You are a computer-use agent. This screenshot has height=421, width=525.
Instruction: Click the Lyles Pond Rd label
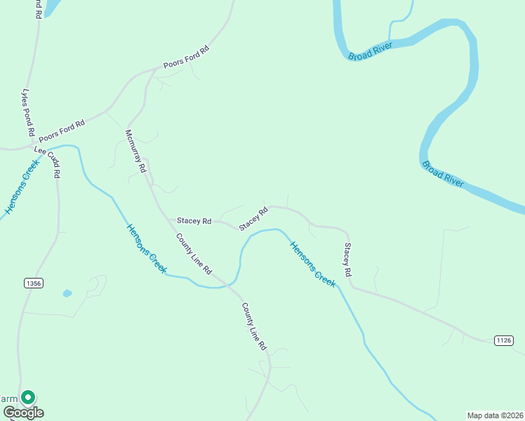29,112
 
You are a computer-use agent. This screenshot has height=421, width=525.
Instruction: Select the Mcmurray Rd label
135,151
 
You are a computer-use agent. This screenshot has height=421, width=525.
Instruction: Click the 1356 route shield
33,283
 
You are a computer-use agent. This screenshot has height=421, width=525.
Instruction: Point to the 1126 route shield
503,340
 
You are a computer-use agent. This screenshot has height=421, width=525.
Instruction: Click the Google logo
22,413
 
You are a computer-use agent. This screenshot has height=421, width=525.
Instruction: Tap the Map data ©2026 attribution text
495,415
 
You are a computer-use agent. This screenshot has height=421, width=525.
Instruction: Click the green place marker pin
27,398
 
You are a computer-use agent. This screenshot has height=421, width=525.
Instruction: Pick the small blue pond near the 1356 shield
67,293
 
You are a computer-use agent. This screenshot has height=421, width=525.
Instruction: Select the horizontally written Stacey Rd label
194,221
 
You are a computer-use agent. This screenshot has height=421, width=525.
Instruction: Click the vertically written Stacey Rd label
347,259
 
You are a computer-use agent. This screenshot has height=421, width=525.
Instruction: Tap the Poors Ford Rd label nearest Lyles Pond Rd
62,130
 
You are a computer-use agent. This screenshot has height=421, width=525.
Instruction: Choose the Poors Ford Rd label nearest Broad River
186,57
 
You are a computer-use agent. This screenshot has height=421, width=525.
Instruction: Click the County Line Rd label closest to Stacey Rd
194,253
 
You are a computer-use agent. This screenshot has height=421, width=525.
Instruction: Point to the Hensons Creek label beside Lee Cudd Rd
21,187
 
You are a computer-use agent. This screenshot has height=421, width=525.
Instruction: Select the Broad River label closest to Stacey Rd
443,174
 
